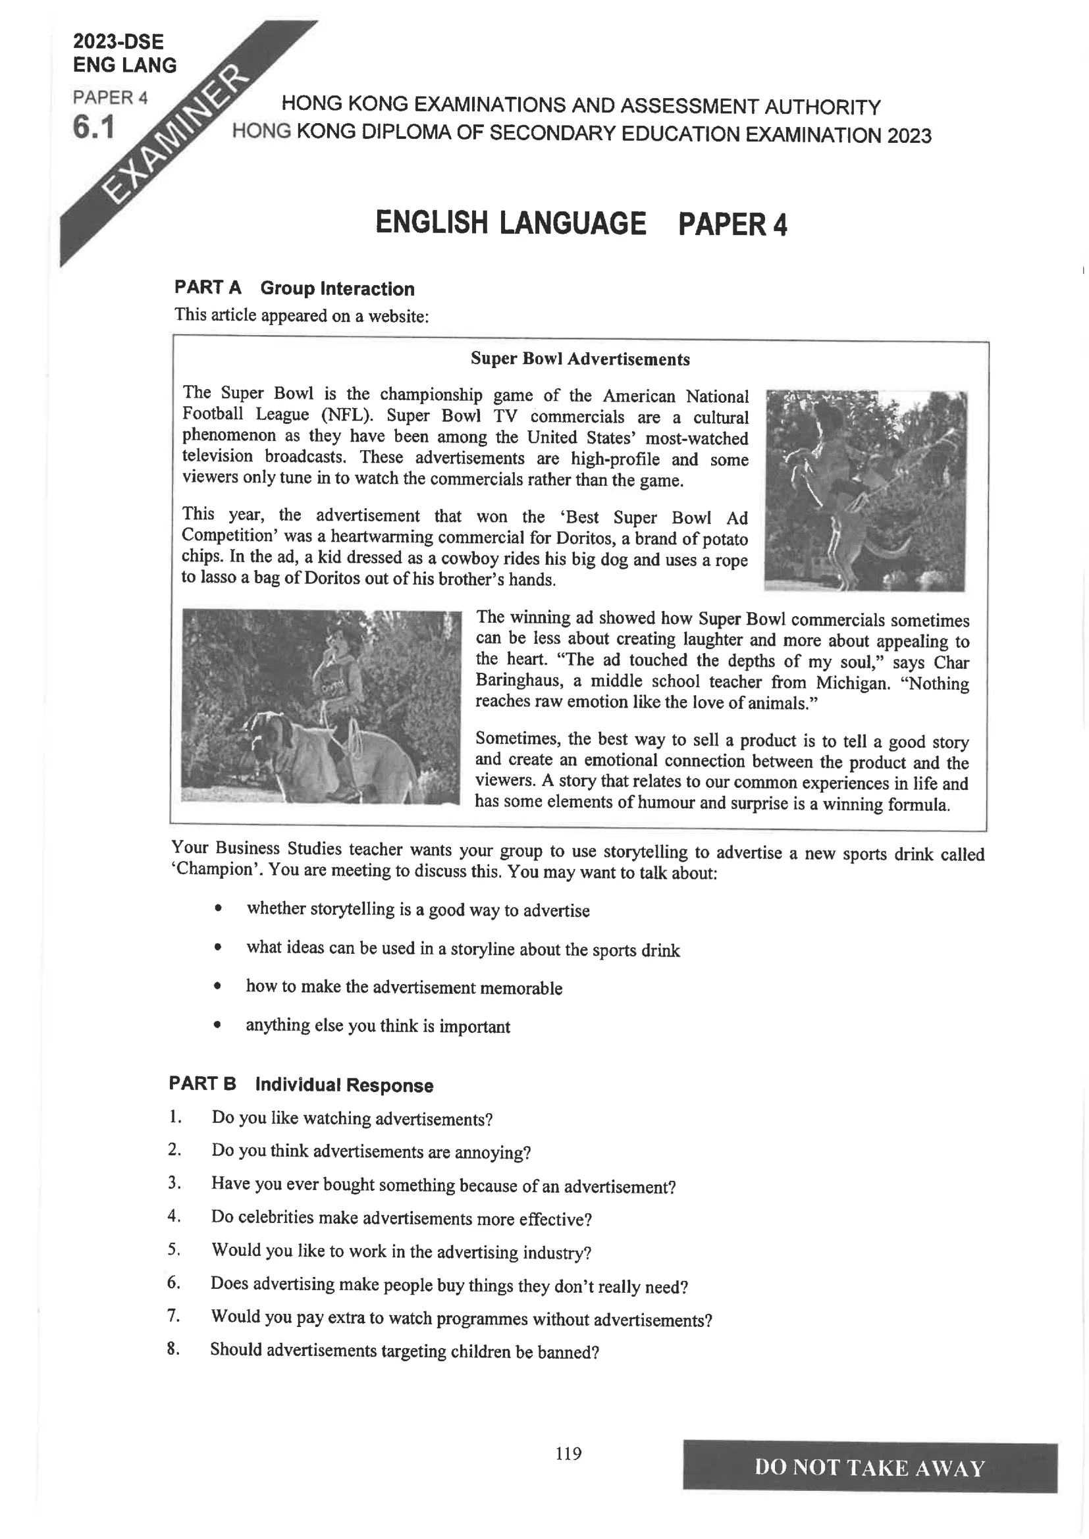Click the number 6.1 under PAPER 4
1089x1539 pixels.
(94, 127)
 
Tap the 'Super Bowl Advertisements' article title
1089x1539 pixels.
(580, 359)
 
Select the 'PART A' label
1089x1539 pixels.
(207, 288)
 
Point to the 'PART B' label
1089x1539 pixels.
(202, 1084)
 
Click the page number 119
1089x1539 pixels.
(569, 1453)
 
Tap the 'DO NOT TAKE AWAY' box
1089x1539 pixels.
(870, 1467)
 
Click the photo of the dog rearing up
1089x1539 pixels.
(865, 490)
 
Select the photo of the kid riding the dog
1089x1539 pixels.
(321, 706)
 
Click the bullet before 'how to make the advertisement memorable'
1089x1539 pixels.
(217, 986)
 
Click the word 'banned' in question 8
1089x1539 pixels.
(568, 1351)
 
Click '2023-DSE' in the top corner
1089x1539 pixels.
(118, 41)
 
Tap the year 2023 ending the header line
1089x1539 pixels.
(909, 136)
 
